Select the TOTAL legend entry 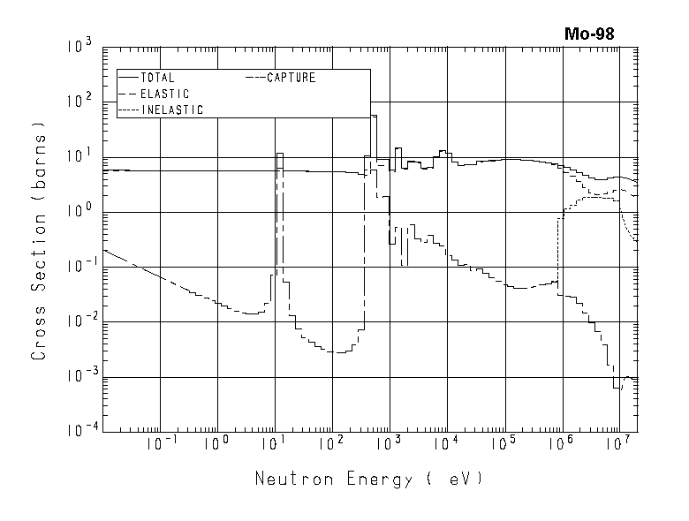coord(158,78)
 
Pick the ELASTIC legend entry coord(164,94)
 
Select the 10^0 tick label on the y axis coord(83,211)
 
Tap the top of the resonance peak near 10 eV coord(279,154)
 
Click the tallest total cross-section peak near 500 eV coord(374,116)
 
